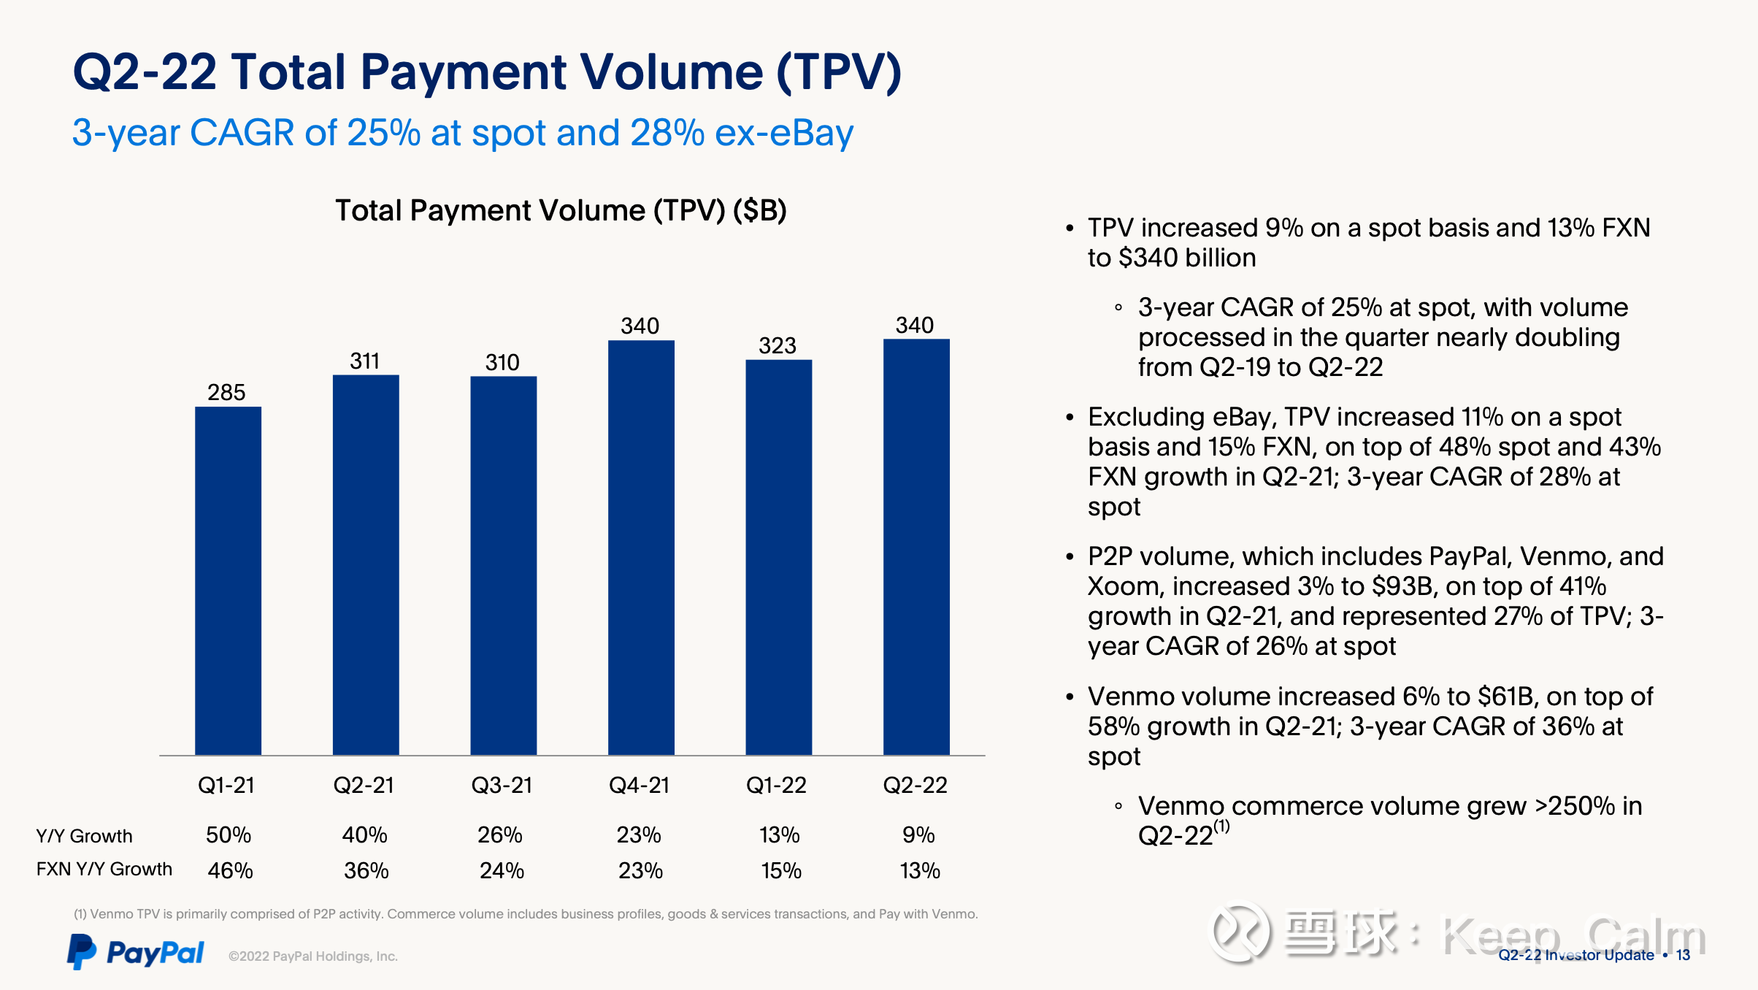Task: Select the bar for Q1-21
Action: pos(228,580)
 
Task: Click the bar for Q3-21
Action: pos(503,565)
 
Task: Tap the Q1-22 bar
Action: pos(778,557)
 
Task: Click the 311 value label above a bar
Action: pos(364,361)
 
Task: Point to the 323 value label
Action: pos(777,345)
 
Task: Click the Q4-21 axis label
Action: pos(639,785)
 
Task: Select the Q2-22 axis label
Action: pos(915,785)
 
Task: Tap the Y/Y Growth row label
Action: pos(85,836)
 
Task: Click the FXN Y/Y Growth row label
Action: pos(104,869)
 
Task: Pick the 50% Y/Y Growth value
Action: pos(228,835)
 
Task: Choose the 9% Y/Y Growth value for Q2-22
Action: pos(918,835)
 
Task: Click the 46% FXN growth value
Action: pos(230,870)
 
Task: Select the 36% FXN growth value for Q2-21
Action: pos(366,870)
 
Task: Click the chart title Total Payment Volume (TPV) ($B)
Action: pos(561,210)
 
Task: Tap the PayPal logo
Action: pos(136,952)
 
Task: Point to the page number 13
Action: pos(1683,955)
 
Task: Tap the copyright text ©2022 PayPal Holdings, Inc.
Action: pos(312,956)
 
